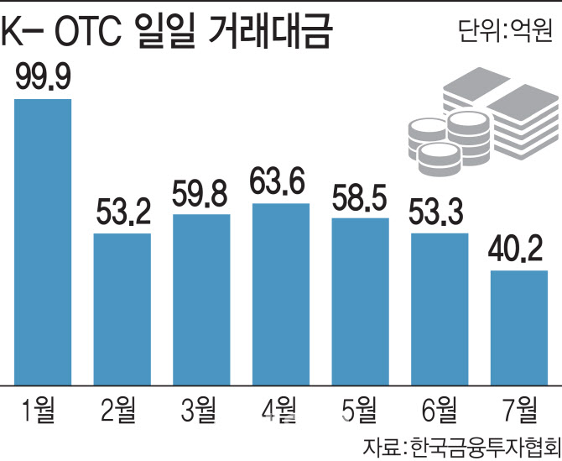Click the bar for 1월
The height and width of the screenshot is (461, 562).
click(43, 242)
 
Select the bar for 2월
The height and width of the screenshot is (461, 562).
click(122, 309)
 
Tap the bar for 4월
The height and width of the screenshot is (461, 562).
click(280, 294)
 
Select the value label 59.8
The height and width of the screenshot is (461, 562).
click(201, 196)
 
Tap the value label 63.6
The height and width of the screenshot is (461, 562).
click(280, 185)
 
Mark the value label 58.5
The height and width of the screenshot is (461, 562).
click(360, 201)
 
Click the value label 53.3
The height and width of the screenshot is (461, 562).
click(439, 215)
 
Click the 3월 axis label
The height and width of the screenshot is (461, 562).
click(201, 411)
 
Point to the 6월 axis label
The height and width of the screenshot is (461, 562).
click(439, 411)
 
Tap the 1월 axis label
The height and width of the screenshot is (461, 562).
click(43, 411)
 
